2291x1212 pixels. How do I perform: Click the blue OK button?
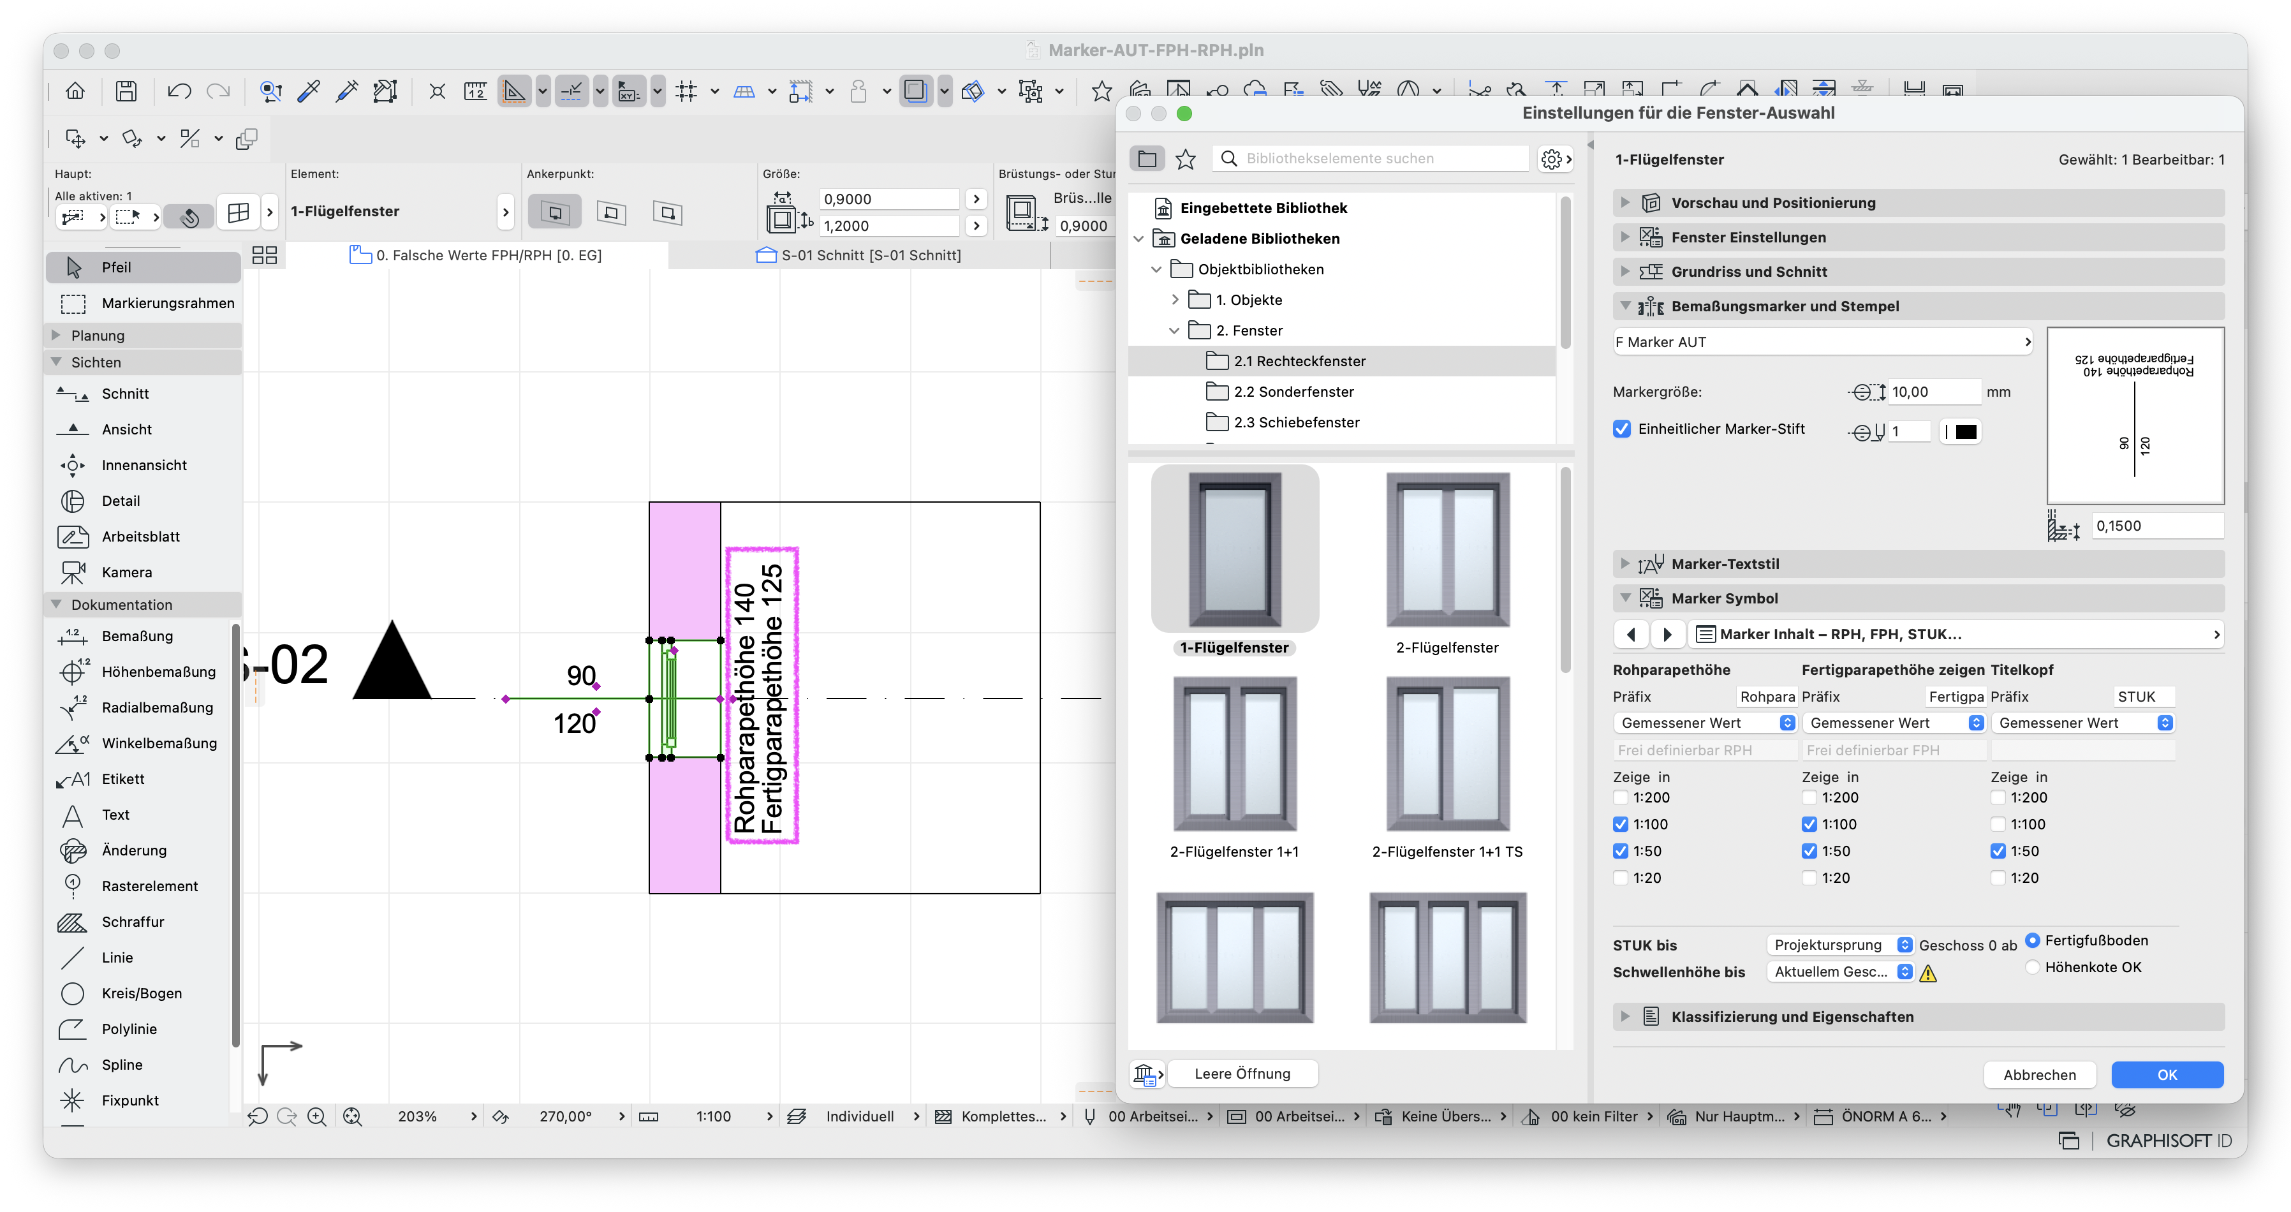coord(2167,1074)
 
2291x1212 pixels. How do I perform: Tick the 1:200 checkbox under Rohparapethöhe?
coord(1621,797)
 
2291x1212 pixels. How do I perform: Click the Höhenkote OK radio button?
coord(2032,966)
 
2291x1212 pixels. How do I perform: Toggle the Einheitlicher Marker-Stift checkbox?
coord(1622,429)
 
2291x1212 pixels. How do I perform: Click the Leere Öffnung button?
coord(1242,1074)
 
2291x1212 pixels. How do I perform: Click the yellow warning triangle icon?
coord(1927,973)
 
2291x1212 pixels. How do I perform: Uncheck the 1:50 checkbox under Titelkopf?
coord(1998,851)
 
